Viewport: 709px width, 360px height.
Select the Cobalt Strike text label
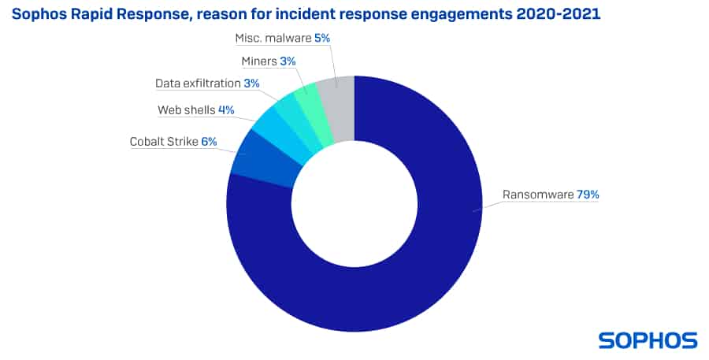tap(164, 142)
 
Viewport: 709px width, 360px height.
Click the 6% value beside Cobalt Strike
tap(209, 142)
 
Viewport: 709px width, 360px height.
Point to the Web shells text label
tap(186, 110)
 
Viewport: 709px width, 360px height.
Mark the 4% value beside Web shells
tap(226, 110)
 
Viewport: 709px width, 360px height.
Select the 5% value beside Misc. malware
tap(321, 38)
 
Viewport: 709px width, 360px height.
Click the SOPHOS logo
tap(648, 340)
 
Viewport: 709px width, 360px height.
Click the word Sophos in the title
tap(38, 15)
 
